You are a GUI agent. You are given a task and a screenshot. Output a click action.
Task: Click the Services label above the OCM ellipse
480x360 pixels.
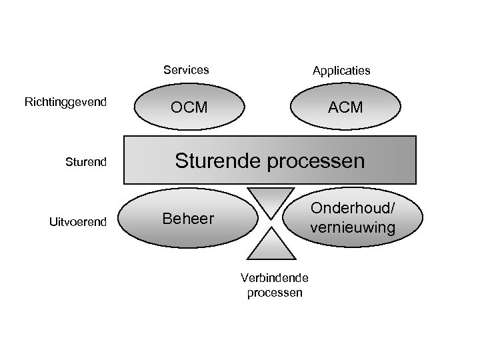click(186, 70)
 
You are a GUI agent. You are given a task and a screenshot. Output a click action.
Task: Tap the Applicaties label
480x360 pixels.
click(342, 71)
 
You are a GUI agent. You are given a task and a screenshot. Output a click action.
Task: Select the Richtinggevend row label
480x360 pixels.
click(65, 102)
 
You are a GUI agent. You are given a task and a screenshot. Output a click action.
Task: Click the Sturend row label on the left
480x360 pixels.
click(85, 161)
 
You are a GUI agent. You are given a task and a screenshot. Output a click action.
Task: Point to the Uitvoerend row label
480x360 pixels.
click(78, 221)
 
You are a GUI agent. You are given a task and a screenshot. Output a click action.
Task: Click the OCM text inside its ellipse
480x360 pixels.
click(189, 107)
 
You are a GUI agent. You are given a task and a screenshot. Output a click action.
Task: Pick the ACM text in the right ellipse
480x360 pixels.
click(345, 107)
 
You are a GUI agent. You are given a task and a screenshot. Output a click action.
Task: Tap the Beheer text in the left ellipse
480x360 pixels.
click(189, 219)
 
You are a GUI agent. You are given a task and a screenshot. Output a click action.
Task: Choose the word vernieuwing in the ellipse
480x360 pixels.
click(352, 227)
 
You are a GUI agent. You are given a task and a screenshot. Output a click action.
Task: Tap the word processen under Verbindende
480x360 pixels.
click(274, 292)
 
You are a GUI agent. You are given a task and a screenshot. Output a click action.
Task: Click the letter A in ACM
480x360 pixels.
click(333, 107)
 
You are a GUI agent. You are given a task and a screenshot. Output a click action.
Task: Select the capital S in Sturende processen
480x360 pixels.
click(181, 161)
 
